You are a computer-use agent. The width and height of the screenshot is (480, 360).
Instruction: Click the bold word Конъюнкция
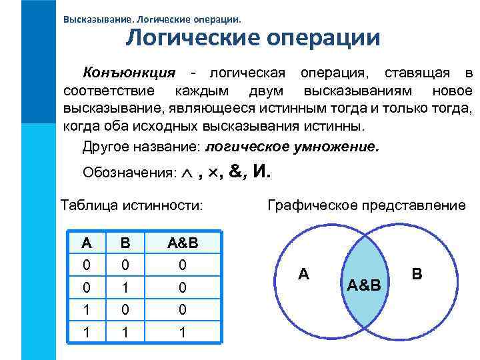[129, 72]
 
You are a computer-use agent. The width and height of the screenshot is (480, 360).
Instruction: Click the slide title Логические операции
[253, 37]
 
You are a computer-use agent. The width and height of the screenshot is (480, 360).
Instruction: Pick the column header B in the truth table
[125, 243]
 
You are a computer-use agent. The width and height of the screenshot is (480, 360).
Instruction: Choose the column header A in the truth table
[85, 243]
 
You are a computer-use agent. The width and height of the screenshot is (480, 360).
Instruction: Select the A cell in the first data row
[85, 265]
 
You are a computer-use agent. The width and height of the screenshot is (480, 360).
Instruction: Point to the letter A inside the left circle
[303, 273]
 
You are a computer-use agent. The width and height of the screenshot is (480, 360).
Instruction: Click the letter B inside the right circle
[417, 273]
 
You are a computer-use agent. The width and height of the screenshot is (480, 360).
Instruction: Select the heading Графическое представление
[367, 205]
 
